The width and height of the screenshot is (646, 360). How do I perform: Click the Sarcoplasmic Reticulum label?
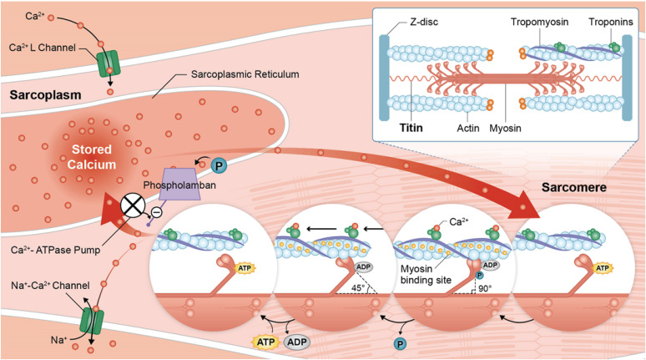tap(245, 74)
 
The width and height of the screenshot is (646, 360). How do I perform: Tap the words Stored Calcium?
tap(92, 157)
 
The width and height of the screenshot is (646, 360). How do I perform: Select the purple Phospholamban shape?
tap(179, 184)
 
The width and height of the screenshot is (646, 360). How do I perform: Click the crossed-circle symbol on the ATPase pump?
tap(133, 205)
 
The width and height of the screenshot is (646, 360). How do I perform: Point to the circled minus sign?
tap(157, 212)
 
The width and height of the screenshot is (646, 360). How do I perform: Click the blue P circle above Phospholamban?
tap(219, 165)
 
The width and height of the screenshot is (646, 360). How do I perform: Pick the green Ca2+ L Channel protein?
tap(108, 64)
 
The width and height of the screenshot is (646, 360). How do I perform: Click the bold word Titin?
tap(411, 128)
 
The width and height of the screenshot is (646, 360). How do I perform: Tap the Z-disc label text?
tap(423, 22)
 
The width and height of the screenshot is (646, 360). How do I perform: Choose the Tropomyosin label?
tap(539, 22)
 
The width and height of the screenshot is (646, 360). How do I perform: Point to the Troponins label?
tap(611, 22)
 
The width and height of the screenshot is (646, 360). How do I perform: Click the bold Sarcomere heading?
tap(573, 188)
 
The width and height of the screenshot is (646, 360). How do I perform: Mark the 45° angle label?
tap(358, 287)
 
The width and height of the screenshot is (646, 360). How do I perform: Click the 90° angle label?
tap(485, 288)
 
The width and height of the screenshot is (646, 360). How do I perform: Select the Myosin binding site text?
tap(426, 274)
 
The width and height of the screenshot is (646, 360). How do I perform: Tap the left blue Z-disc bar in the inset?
tap(384, 78)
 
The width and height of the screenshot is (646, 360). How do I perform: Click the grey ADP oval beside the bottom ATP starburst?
tap(296, 342)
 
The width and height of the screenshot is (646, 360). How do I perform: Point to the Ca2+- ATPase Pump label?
tap(56, 250)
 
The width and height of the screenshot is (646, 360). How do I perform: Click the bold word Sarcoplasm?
tap(45, 95)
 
